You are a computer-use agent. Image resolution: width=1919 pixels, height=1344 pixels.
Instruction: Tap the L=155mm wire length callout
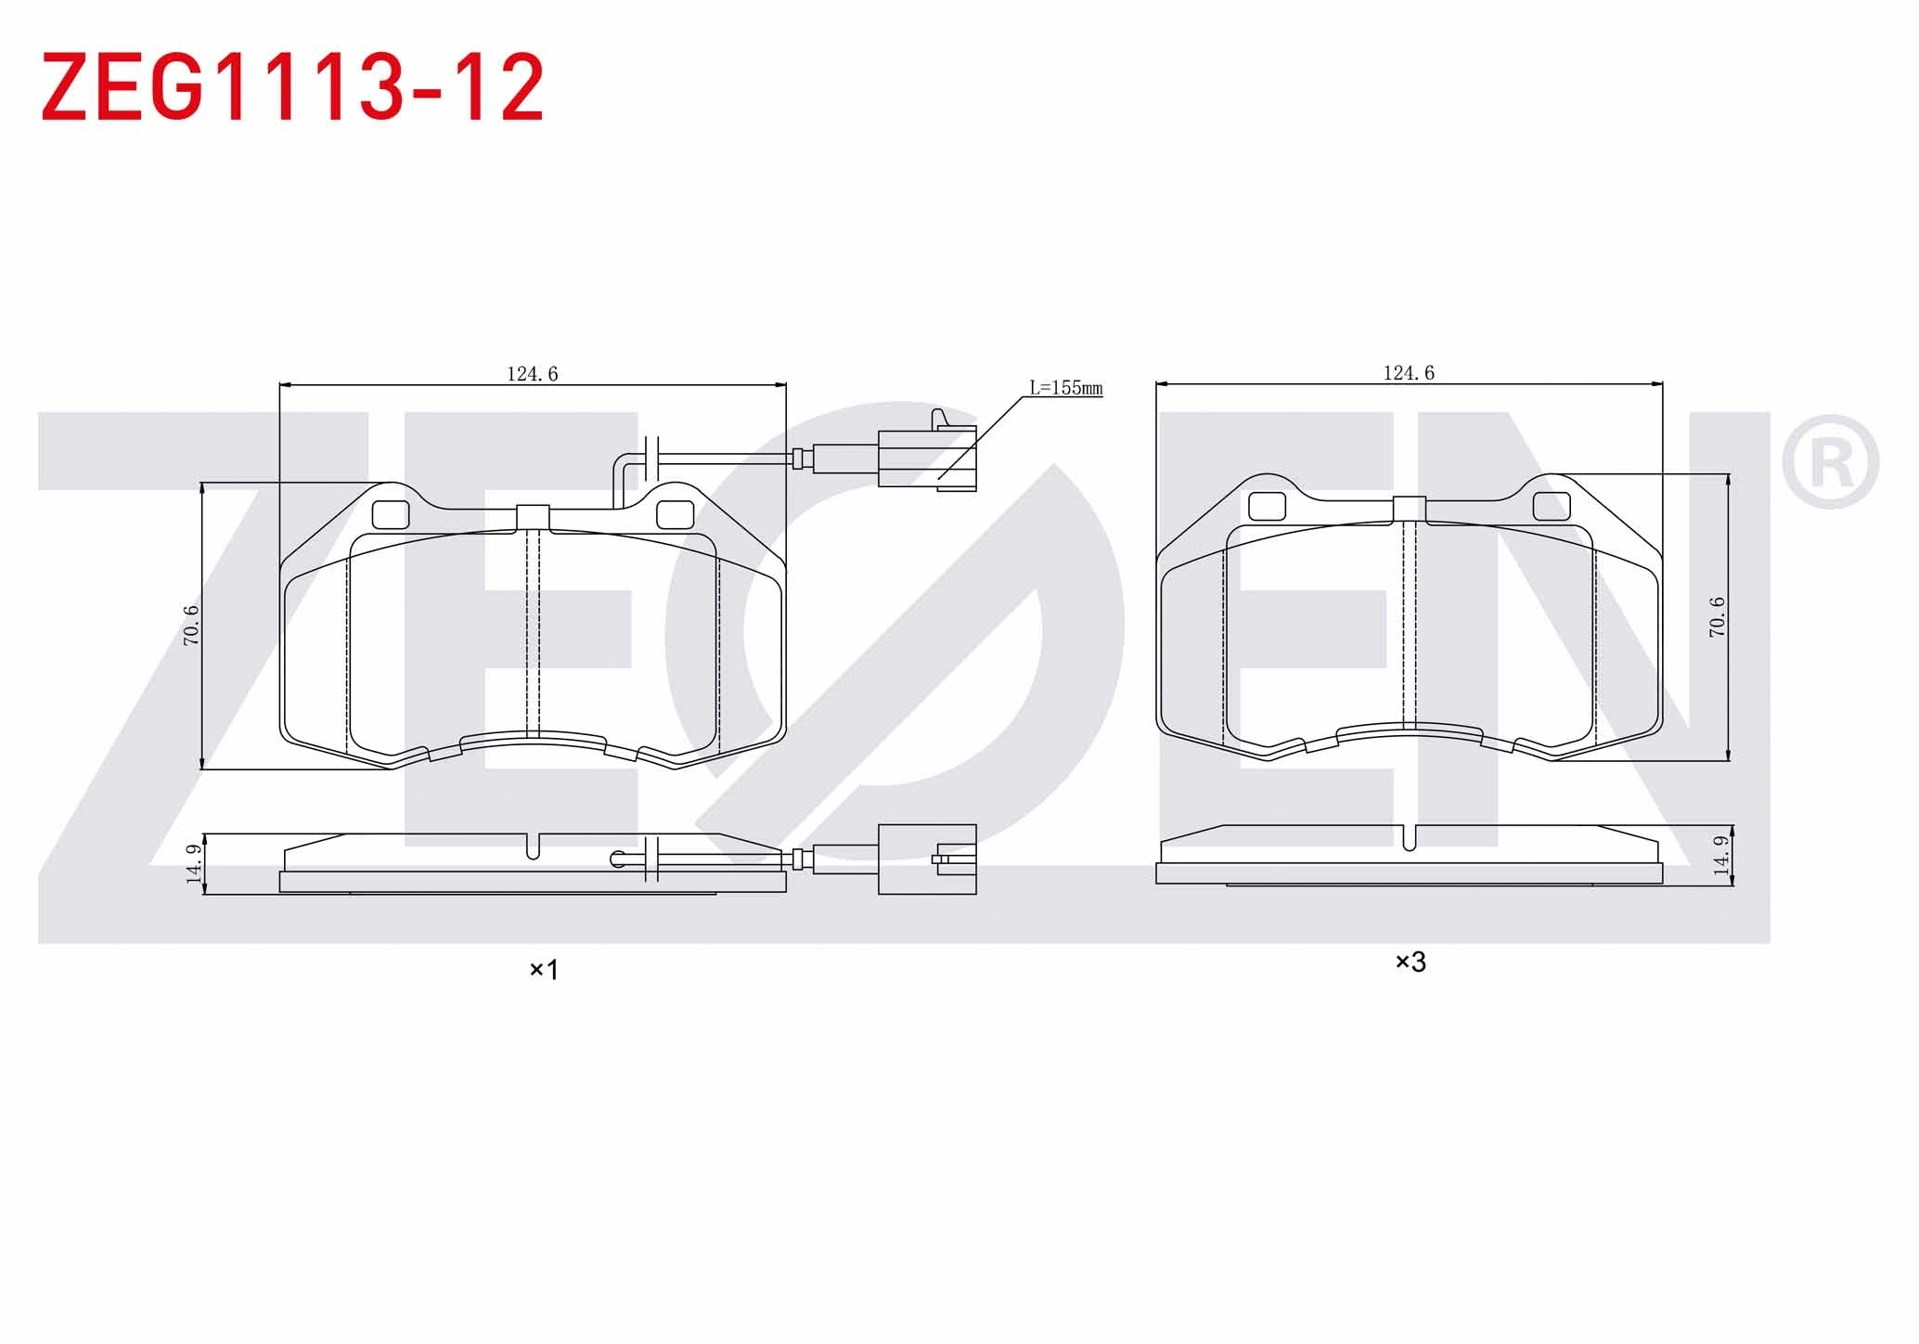1066,388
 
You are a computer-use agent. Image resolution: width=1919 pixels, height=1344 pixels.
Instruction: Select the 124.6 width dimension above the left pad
533,374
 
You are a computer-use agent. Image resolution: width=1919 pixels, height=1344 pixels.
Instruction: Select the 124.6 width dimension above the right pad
1409,373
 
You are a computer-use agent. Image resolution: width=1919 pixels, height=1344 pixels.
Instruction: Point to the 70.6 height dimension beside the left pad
191,626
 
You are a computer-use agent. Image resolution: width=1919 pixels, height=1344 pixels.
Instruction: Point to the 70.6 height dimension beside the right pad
1718,616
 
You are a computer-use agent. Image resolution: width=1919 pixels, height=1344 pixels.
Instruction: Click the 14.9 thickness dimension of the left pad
194,863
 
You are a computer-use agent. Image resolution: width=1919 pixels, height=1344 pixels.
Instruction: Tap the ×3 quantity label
1410,963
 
